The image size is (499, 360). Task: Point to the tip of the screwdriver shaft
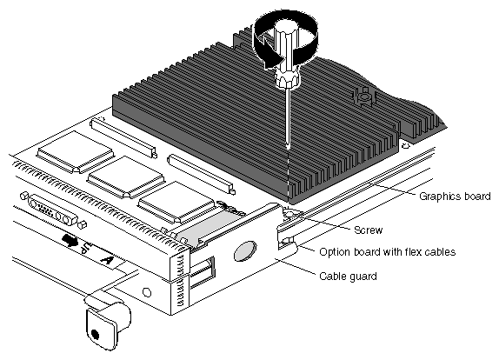pos(288,147)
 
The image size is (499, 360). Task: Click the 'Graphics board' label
pos(455,196)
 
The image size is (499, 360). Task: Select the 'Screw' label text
pos(369,230)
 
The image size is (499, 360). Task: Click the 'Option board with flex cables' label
pos(388,252)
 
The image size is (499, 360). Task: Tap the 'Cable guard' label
pos(348,276)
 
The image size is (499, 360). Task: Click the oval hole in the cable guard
pos(245,250)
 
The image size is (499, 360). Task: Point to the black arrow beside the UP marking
pos(70,240)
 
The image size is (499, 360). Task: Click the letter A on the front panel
pos(107,259)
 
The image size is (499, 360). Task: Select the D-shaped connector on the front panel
pos(53,210)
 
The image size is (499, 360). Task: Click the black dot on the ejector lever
pos(95,334)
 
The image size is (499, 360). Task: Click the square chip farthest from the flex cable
pos(76,152)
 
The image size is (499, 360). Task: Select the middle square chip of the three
pos(126,177)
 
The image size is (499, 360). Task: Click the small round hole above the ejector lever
pos(147,292)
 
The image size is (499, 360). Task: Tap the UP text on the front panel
pos(87,247)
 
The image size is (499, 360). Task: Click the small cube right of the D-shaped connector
pos(82,223)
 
